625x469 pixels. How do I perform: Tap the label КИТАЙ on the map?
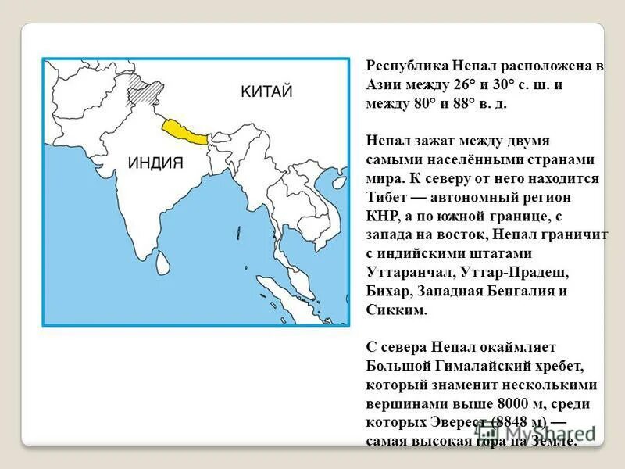266,92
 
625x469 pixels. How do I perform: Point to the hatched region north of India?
144,88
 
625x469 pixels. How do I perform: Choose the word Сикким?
396,310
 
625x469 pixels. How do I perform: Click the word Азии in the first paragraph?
384,85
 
